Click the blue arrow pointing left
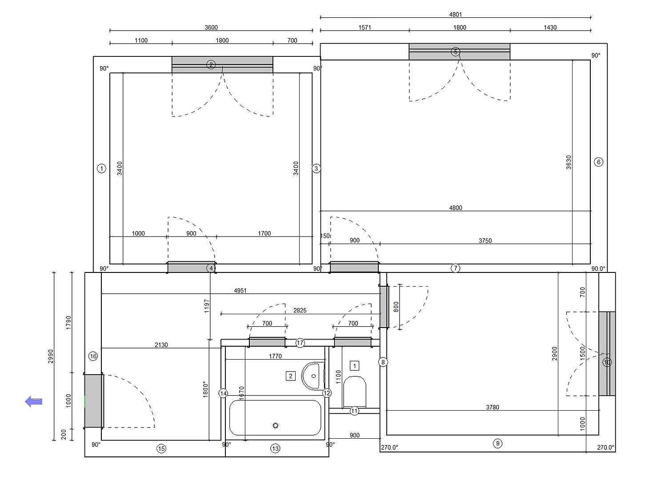[x=33, y=401]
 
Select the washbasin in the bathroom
[x=313, y=376]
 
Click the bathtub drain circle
[x=275, y=425]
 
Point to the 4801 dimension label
[x=456, y=14]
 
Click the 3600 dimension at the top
[x=211, y=28]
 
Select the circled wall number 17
[x=300, y=343]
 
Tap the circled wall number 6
[x=598, y=162]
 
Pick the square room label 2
[x=291, y=376]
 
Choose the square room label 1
[x=355, y=366]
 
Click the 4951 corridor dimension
[x=240, y=290]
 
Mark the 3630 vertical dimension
[x=569, y=162]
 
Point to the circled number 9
[x=497, y=444]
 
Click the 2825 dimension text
[x=300, y=310]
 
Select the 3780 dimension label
[x=493, y=407]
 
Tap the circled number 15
[x=161, y=448]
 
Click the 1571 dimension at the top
[x=365, y=28]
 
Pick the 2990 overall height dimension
[x=51, y=356]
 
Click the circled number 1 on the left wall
[x=101, y=168]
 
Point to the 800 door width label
[x=397, y=307]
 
